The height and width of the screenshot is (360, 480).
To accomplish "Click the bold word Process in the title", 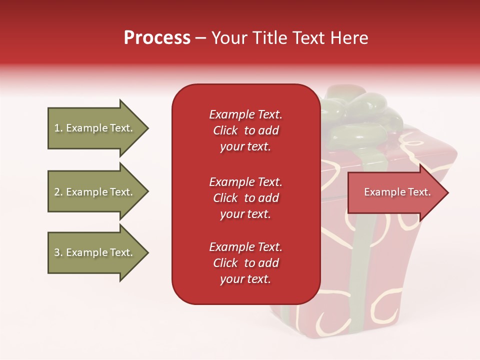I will pos(157,38).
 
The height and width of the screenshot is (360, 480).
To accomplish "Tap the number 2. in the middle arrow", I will pos(58,192).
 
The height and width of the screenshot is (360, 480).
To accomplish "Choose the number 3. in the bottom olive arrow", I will pos(58,252).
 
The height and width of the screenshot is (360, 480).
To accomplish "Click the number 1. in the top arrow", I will pos(58,128).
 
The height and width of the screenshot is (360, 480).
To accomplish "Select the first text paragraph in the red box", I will pos(245,130).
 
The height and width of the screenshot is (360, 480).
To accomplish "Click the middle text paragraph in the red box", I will pos(245,198).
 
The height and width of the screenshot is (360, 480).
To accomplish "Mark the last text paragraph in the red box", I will pos(245,263).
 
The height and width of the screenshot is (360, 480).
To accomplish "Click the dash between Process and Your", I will pos(200,38).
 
